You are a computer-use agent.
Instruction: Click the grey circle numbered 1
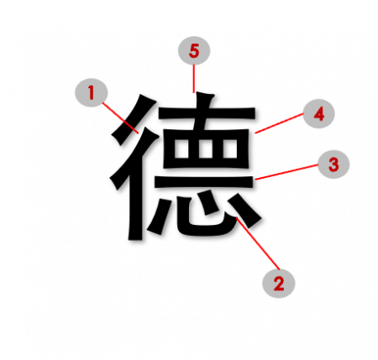tap(92, 92)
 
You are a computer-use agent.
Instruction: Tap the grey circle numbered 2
tap(279, 284)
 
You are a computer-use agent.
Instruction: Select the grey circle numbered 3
tap(333, 164)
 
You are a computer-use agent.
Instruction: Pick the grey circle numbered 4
tap(319, 113)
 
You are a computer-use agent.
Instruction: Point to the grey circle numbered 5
tap(194, 50)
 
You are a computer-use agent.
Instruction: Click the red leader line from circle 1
tap(120, 118)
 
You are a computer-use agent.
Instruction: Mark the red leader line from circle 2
tap(258, 243)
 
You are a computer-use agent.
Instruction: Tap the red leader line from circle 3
tap(286, 172)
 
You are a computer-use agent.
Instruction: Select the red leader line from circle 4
tap(279, 123)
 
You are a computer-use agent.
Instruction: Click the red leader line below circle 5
tap(193, 79)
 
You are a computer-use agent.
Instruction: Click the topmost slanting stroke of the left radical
tap(133, 119)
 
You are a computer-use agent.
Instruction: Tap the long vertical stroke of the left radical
tap(136, 196)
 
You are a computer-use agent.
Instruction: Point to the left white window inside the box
tap(181, 149)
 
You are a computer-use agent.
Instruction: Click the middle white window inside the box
tap(207, 149)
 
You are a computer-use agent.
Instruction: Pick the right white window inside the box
tap(230, 149)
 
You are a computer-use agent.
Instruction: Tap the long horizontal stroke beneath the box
tap(204, 182)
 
